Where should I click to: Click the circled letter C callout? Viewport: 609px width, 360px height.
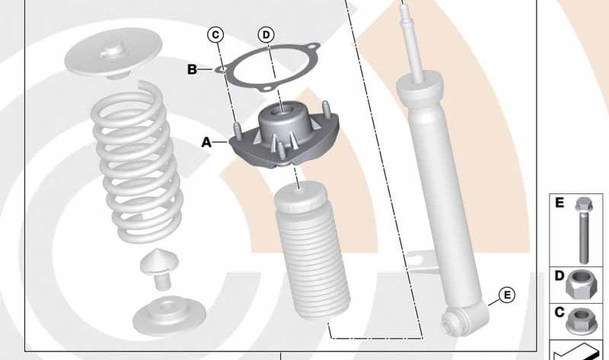pyautogui.click(x=215, y=34)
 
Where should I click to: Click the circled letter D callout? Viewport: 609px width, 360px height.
pyautogui.click(x=266, y=35)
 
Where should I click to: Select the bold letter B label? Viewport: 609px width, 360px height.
pyautogui.click(x=193, y=70)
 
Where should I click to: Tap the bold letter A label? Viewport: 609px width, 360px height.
pyautogui.click(x=206, y=142)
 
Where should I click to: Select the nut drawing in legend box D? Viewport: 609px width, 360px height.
pyautogui.click(x=580, y=286)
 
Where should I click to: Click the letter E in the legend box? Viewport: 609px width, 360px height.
pyautogui.click(x=560, y=202)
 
